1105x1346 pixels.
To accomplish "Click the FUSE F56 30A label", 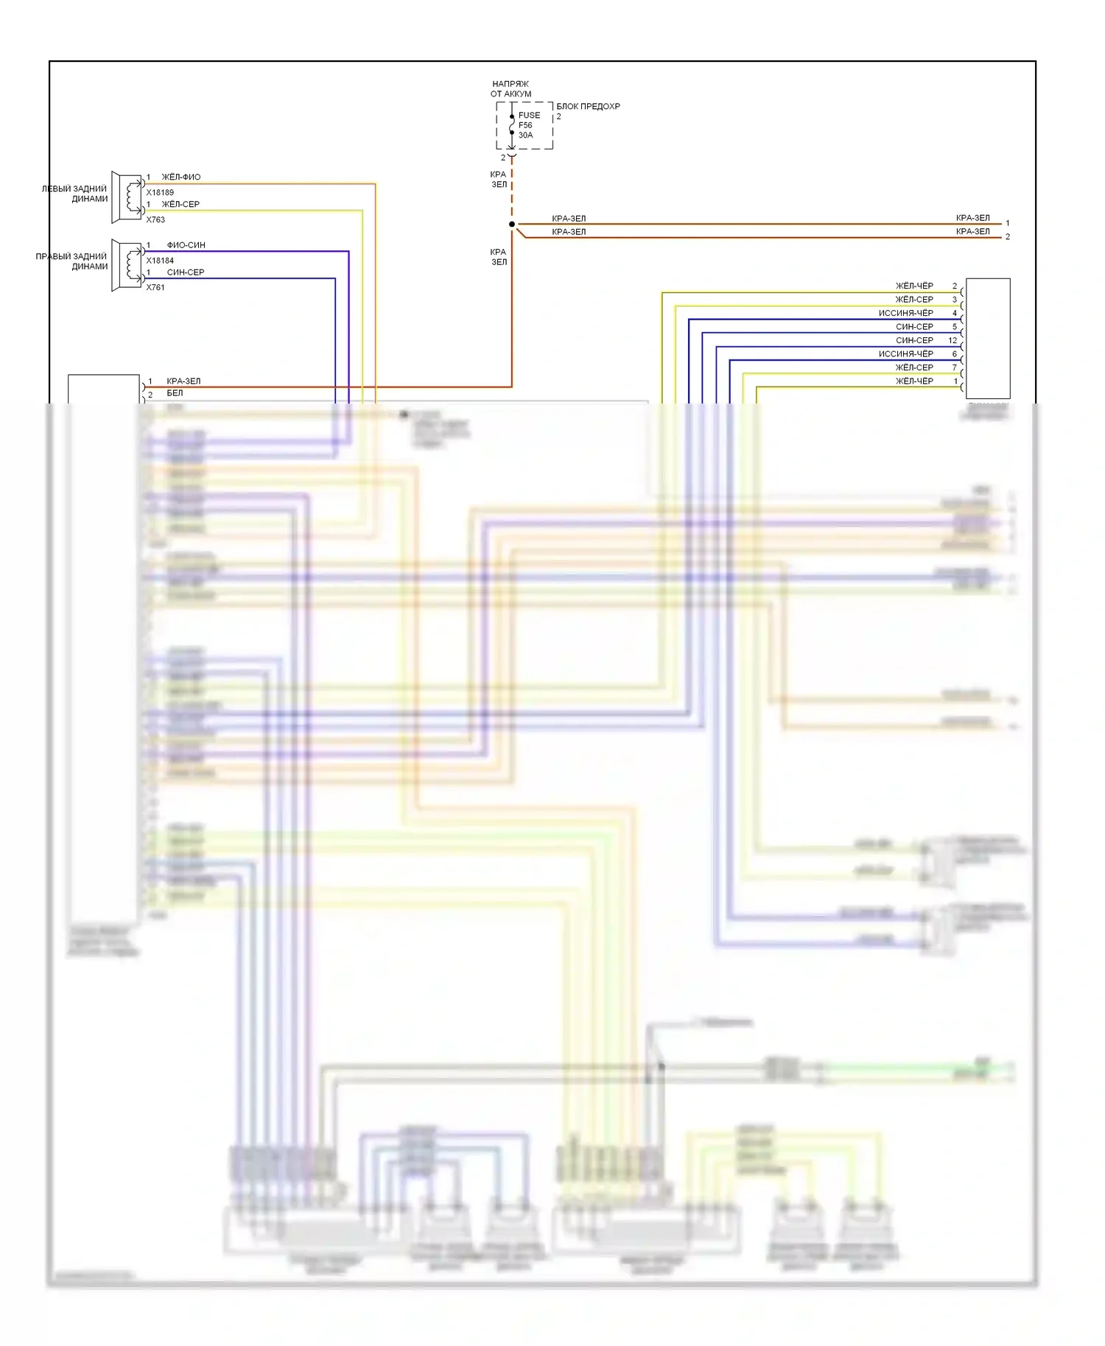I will [528, 125].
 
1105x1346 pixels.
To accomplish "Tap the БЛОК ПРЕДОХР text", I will [588, 107].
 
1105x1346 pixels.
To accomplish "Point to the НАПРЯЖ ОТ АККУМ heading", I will [511, 89].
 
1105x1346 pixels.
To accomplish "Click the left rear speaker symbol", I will [127, 197].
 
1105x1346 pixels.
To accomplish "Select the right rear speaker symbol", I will [127, 264].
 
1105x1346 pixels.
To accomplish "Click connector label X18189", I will [160, 193].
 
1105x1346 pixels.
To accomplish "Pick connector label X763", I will [155, 219].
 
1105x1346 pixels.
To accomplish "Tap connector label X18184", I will [160, 261].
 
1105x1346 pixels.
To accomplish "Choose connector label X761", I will [155, 287].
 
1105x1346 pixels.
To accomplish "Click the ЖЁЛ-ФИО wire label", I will [180, 177].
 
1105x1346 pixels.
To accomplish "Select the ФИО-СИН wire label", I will [186, 245].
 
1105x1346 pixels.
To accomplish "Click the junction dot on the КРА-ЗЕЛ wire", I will [512, 224].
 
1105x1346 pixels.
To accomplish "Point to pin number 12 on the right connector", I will [953, 340].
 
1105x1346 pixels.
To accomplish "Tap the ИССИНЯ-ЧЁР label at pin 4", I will [905, 313].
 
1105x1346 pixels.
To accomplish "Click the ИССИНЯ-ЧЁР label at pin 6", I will [905, 354].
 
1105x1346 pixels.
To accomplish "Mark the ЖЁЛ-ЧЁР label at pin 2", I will [914, 286].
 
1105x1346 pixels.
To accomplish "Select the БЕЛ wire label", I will [175, 393].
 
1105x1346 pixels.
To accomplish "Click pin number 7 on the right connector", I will [955, 367].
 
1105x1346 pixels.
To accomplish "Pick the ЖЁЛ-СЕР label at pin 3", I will [914, 300].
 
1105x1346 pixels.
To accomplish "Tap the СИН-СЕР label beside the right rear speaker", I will [185, 272].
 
